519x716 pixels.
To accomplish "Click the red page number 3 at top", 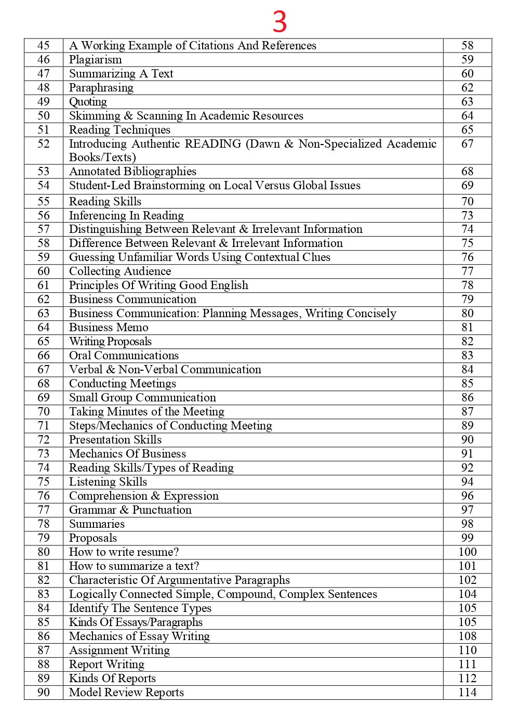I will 280,22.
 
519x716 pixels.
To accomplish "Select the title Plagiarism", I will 95,60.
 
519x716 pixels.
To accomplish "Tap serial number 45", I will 44,46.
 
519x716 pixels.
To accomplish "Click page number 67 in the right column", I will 467,144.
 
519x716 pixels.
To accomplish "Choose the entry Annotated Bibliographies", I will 132,172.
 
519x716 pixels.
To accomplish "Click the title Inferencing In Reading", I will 126,216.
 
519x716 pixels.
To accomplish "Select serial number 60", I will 44,271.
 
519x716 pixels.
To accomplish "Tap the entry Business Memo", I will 109,328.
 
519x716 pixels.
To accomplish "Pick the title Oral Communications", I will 124,356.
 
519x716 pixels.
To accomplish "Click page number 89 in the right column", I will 467,426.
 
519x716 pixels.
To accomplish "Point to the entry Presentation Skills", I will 115,440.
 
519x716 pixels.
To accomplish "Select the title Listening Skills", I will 108,482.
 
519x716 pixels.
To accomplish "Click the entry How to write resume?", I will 124,552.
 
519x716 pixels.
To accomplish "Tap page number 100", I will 467,552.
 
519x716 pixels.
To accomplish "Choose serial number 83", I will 44,594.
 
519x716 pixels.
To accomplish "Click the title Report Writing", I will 107,665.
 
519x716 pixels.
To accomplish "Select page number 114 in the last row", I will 467,693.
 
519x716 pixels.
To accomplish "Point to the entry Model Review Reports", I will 126,693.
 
